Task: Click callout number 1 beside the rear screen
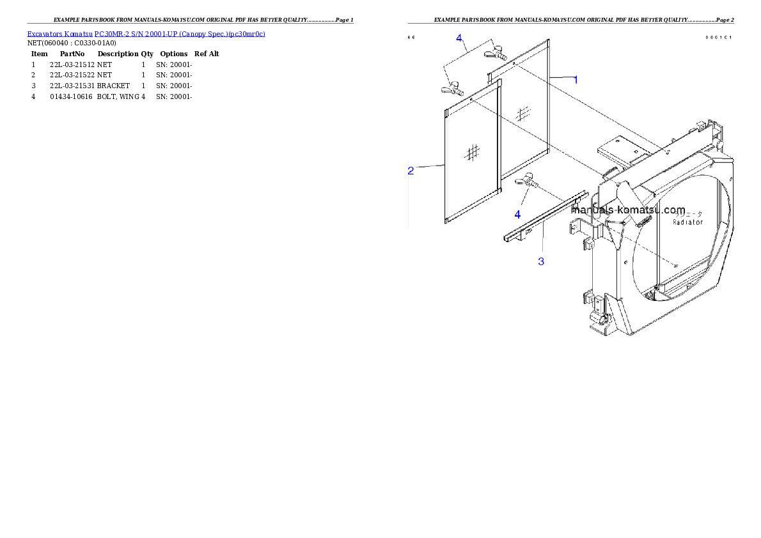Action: pyautogui.click(x=576, y=80)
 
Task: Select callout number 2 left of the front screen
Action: pyautogui.click(x=411, y=171)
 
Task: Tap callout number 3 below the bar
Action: pyautogui.click(x=541, y=261)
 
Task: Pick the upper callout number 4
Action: pyautogui.click(x=459, y=38)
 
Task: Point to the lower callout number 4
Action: pyautogui.click(x=517, y=215)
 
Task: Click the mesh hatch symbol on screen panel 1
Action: pyautogui.click(x=524, y=114)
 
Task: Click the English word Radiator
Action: pyautogui.click(x=687, y=222)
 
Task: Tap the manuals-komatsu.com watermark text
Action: pyautogui.click(x=629, y=210)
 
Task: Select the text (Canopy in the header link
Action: pyautogui.click(x=194, y=34)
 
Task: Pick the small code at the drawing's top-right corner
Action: pyautogui.click(x=718, y=37)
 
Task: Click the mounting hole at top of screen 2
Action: pyautogui.click(x=471, y=100)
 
